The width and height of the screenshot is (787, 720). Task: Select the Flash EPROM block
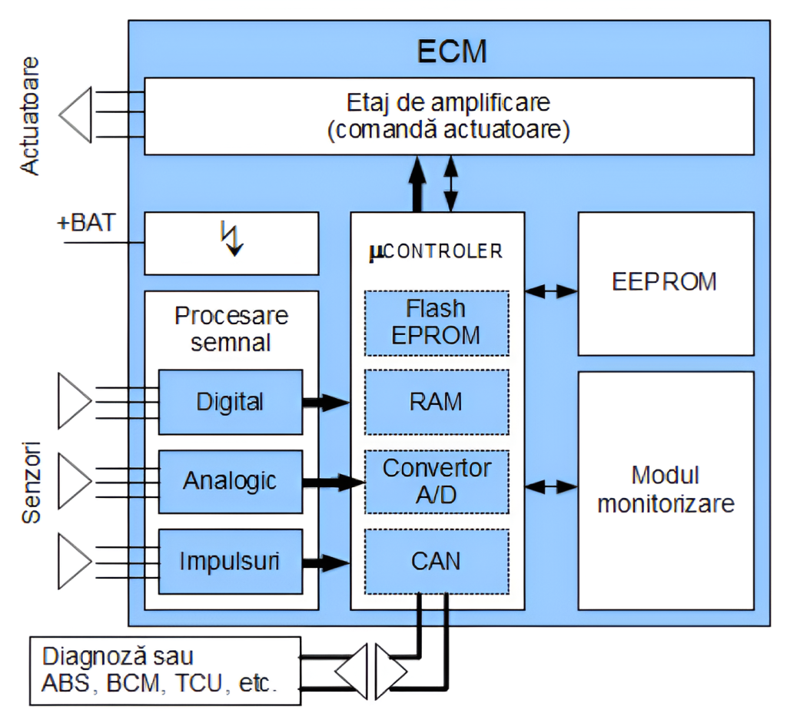tap(436, 322)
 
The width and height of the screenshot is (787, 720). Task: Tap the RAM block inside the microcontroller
tap(436, 401)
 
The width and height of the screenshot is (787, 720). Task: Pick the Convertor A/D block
tap(436, 481)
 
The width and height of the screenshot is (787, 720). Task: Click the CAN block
tap(436, 560)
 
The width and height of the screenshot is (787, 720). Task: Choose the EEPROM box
tap(665, 282)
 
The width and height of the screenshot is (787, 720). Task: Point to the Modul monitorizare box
tap(666, 489)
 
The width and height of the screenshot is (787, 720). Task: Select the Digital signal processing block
tap(230, 401)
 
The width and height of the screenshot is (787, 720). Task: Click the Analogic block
tap(230, 481)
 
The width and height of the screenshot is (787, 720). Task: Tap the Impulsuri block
tap(230, 561)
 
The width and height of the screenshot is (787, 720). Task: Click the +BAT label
tap(86, 223)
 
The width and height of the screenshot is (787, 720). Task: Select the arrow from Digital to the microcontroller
tap(326, 401)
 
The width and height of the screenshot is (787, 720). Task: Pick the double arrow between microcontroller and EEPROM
tap(551, 291)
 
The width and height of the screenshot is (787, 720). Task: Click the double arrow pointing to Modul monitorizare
tap(551, 486)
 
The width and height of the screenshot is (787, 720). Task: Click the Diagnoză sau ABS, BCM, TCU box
tap(164, 671)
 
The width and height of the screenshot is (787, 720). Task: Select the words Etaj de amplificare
tap(449, 102)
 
